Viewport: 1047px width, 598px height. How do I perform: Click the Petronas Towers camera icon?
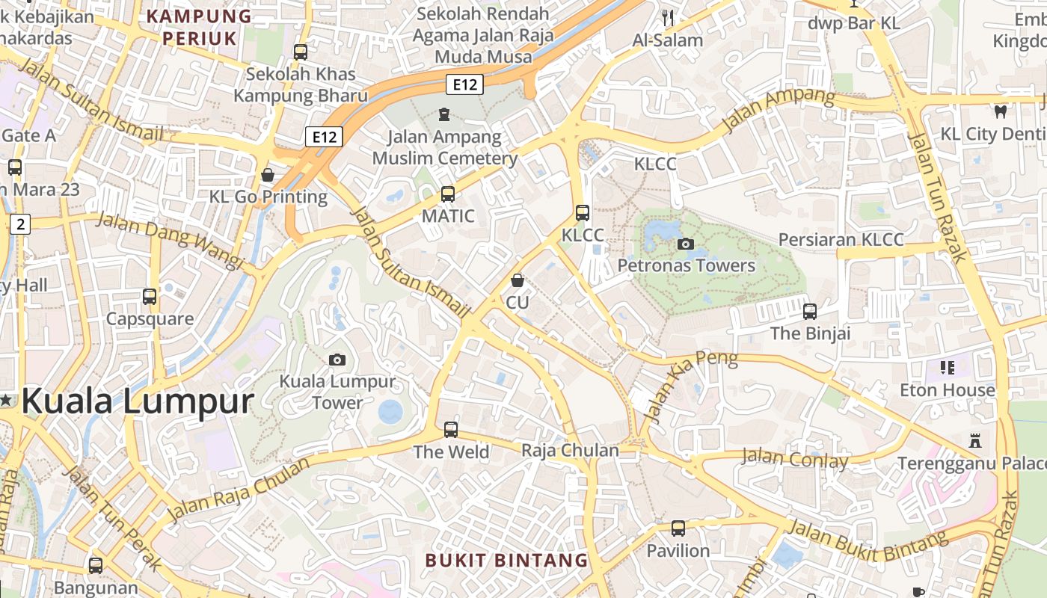coord(685,244)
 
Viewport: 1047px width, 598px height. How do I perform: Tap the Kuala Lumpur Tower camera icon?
coord(337,360)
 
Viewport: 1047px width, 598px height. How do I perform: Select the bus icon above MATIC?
coord(448,194)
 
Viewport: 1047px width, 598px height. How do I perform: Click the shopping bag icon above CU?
coord(517,280)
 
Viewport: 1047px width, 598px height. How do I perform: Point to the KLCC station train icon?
coord(583,213)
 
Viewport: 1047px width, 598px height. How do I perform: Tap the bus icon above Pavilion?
coord(678,528)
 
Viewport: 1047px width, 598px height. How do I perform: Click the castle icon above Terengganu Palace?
coord(974,440)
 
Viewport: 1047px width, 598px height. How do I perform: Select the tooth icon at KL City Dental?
coord(1000,112)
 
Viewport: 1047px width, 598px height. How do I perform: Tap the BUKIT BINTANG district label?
coord(506,560)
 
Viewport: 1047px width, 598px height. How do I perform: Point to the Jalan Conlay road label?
coord(794,458)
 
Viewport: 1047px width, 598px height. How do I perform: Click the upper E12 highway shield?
coord(464,84)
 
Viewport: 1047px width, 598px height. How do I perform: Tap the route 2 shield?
coord(20,224)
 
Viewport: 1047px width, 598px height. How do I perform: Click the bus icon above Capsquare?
coord(150,296)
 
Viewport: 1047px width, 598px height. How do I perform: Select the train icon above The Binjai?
coord(810,311)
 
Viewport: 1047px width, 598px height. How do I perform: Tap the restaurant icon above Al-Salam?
coord(668,17)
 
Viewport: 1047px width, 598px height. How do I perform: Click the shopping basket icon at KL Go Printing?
coord(268,175)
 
